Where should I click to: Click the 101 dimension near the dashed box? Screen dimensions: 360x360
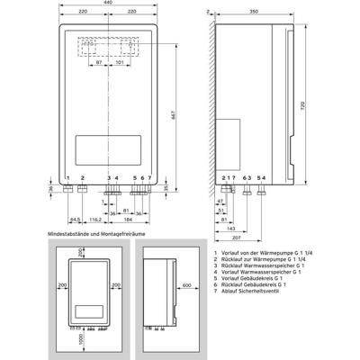pos(120,66)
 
